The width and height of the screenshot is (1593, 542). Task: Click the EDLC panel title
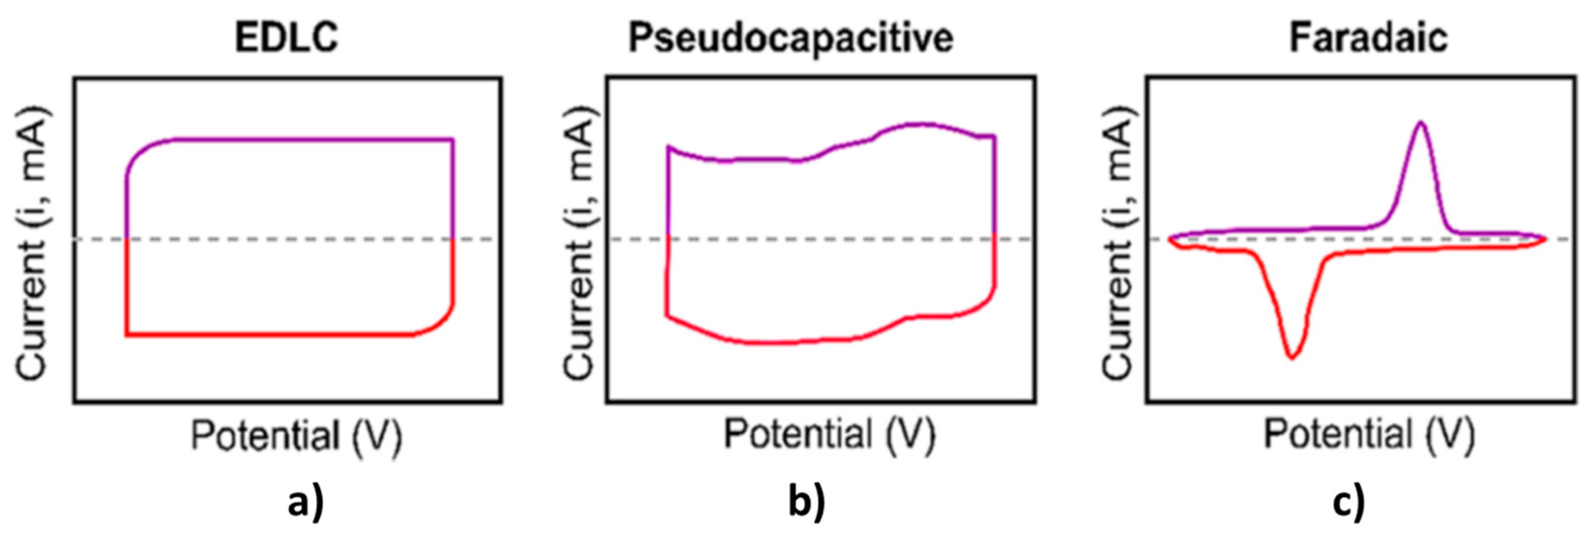click(286, 37)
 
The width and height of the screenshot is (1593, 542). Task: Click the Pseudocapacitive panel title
click(791, 38)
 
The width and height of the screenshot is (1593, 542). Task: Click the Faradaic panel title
click(1368, 37)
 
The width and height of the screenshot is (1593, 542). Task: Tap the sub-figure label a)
click(305, 502)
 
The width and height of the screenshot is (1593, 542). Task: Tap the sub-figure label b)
click(806, 502)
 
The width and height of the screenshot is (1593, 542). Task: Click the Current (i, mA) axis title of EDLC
click(32, 244)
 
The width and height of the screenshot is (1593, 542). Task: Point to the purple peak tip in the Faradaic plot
click(1421, 122)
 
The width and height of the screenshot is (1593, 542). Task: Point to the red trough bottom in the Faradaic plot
click(1292, 356)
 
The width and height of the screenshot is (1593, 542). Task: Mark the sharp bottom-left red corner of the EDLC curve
click(127, 335)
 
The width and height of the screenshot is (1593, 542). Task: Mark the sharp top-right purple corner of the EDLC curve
click(453, 140)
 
